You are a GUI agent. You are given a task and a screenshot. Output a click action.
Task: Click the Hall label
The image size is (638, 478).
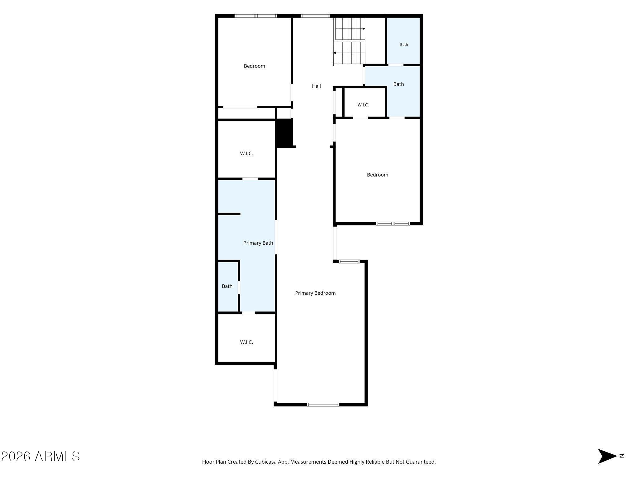(x=316, y=86)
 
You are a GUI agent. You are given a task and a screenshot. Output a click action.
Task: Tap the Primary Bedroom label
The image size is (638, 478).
(x=315, y=293)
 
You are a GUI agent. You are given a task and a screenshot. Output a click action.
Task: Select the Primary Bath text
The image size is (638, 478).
(x=258, y=243)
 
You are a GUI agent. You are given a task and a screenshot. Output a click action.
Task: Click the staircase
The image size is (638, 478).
(x=349, y=41)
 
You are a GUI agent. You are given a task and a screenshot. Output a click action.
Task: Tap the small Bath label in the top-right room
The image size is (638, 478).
(x=404, y=45)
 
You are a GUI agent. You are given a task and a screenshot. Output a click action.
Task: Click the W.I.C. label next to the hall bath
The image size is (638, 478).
(x=363, y=105)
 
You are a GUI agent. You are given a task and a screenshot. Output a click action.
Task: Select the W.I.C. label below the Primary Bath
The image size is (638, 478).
(x=246, y=342)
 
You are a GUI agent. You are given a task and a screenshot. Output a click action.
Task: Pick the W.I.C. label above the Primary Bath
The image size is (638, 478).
(x=246, y=154)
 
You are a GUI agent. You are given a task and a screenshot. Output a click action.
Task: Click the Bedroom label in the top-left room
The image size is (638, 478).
(x=254, y=66)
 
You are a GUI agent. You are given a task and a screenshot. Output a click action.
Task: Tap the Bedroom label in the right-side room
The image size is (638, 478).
(x=378, y=175)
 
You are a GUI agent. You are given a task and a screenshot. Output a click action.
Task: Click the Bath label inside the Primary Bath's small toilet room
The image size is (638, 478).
(x=227, y=286)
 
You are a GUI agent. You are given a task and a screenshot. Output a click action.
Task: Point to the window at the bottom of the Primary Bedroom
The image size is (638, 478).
(x=323, y=405)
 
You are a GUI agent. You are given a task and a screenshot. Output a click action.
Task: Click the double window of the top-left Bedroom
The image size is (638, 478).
(x=256, y=16)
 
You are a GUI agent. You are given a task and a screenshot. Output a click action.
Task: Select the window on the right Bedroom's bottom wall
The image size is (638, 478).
(x=393, y=223)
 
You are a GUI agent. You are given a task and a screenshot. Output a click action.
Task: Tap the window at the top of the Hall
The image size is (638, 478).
(x=315, y=16)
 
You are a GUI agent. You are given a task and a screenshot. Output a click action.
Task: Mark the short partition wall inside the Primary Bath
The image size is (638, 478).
(x=229, y=214)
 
